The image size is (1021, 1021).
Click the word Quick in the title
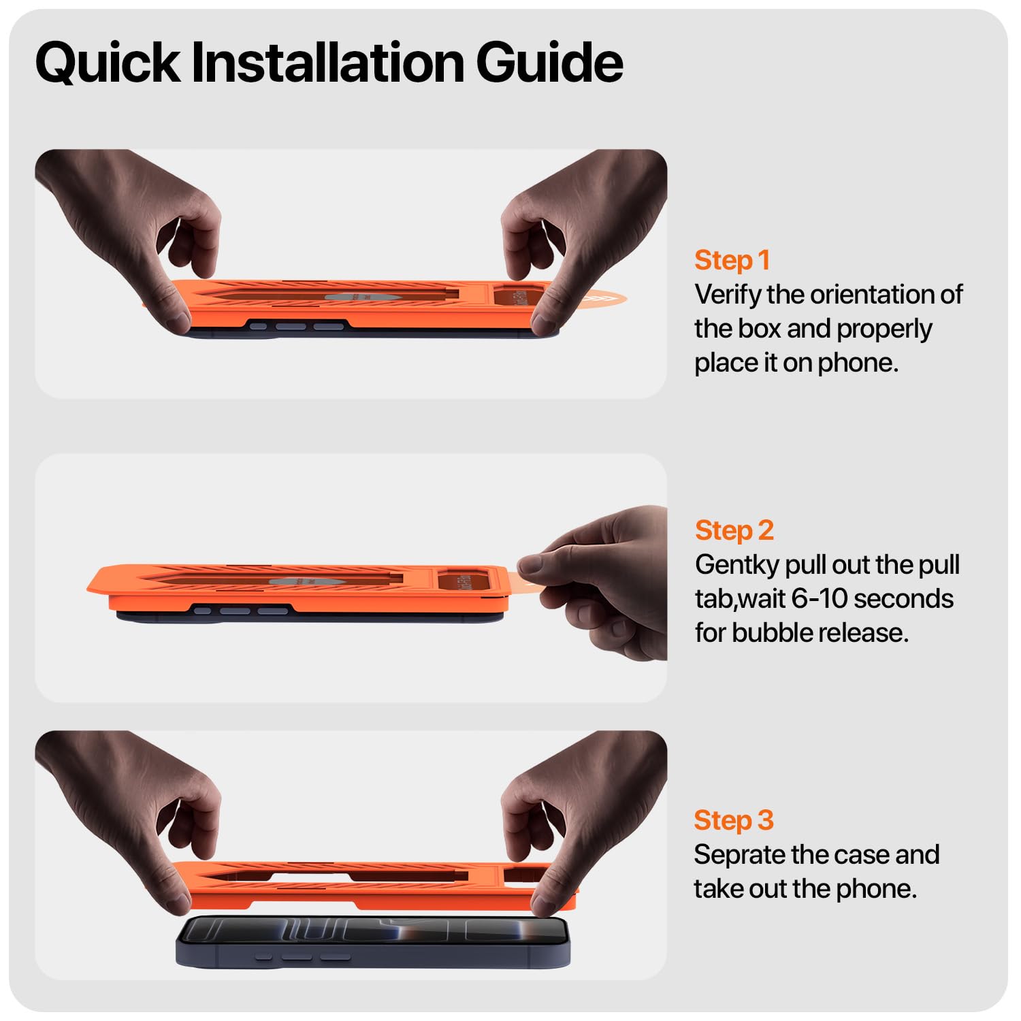click(x=108, y=63)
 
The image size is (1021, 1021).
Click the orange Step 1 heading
click(x=732, y=261)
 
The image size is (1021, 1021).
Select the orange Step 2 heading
click(x=734, y=531)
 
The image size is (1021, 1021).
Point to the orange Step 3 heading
click(x=734, y=821)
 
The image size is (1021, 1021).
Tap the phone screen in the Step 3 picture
click(x=373, y=930)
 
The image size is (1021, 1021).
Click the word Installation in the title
click(x=329, y=62)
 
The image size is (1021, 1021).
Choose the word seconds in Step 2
click(x=903, y=599)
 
